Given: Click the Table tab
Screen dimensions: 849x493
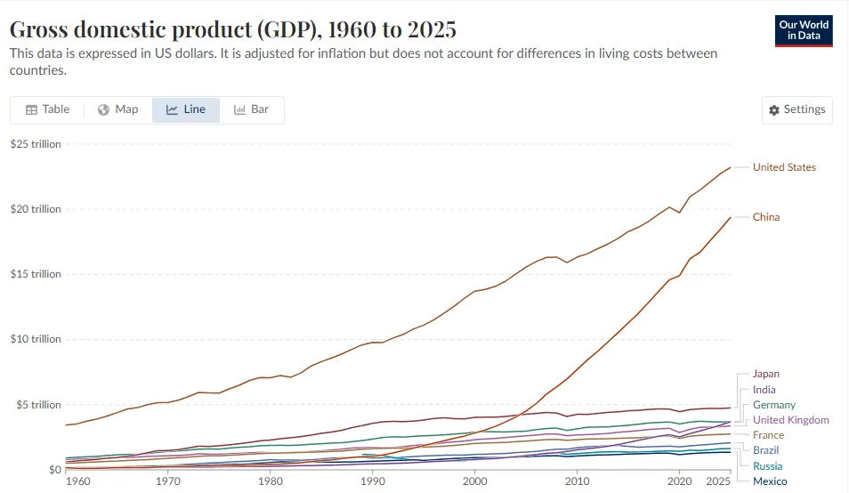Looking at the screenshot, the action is (x=48, y=109).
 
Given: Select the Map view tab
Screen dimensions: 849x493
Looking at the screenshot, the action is (x=118, y=109).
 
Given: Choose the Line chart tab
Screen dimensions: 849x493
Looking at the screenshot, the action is (x=186, y=109).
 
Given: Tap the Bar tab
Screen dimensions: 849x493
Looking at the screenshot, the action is (x=251, y=109).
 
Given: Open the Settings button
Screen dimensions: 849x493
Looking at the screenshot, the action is (x=797, y=109).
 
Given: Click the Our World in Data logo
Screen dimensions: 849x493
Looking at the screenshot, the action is (x=804, y=31).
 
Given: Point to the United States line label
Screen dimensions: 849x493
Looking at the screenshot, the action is (x=784, y=167).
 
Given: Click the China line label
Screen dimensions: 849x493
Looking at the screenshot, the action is (x=766, y=217).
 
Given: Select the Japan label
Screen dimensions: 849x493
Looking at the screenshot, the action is (x=766, y=374).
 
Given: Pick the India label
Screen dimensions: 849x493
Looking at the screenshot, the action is (x=764, y=390).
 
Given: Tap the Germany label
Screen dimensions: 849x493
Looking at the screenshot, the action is (x=774, y=405).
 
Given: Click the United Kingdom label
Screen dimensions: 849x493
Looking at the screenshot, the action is (x=791, y=420).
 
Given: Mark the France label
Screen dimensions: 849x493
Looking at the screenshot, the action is (x=768, y=435).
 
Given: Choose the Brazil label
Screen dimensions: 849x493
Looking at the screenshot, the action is (x=765, y=450).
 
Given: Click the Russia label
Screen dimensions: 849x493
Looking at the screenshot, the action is (x=768, y=466).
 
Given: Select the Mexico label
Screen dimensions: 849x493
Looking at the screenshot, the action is (x=770, y=481).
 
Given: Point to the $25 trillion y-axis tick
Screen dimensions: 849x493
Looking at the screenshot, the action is (x=36, y=144).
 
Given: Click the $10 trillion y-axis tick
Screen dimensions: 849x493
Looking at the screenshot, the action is (x=36, y=339).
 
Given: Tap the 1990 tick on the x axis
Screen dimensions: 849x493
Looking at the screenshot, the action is (x=373, y=481).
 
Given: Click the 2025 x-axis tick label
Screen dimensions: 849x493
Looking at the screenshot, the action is (x=718, y=481).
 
